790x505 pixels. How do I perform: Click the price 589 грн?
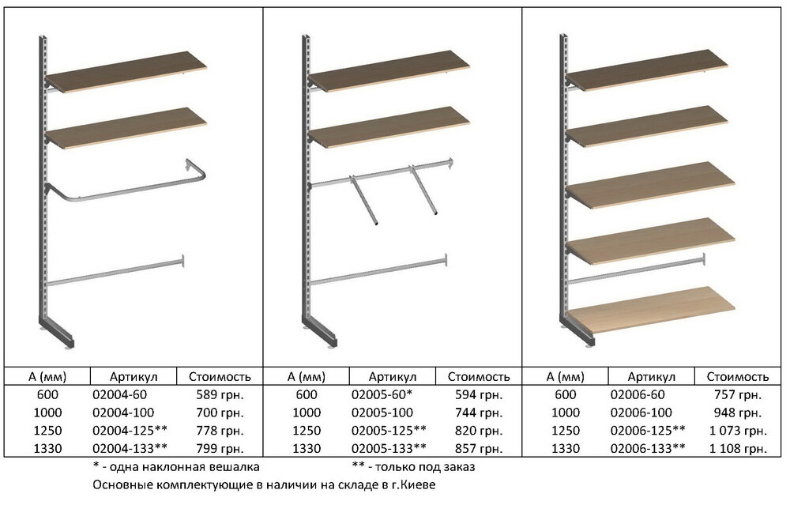[220, 394]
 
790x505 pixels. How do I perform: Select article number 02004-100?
[123, 413]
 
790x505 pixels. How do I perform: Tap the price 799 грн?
[220, 449]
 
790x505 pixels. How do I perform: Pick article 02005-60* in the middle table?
[382, 394]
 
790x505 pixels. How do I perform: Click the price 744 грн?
[479, 413]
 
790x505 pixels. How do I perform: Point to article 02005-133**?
[389, 449]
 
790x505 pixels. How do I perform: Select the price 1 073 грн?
[738, 431]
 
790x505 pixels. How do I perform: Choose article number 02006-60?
[638, 394]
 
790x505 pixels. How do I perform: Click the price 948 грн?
[738, 413]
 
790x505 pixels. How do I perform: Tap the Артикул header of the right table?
[652, 376]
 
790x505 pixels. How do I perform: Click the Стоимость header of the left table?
[220, 376]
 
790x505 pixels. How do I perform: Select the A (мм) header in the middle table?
[307, 376]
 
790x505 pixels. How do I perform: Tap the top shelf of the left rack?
[126, 72]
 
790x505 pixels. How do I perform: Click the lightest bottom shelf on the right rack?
[651, 310]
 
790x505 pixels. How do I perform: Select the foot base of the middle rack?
[321, 332]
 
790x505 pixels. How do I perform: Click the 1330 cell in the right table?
[566, 449]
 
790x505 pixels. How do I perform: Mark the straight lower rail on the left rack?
[115, 272]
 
